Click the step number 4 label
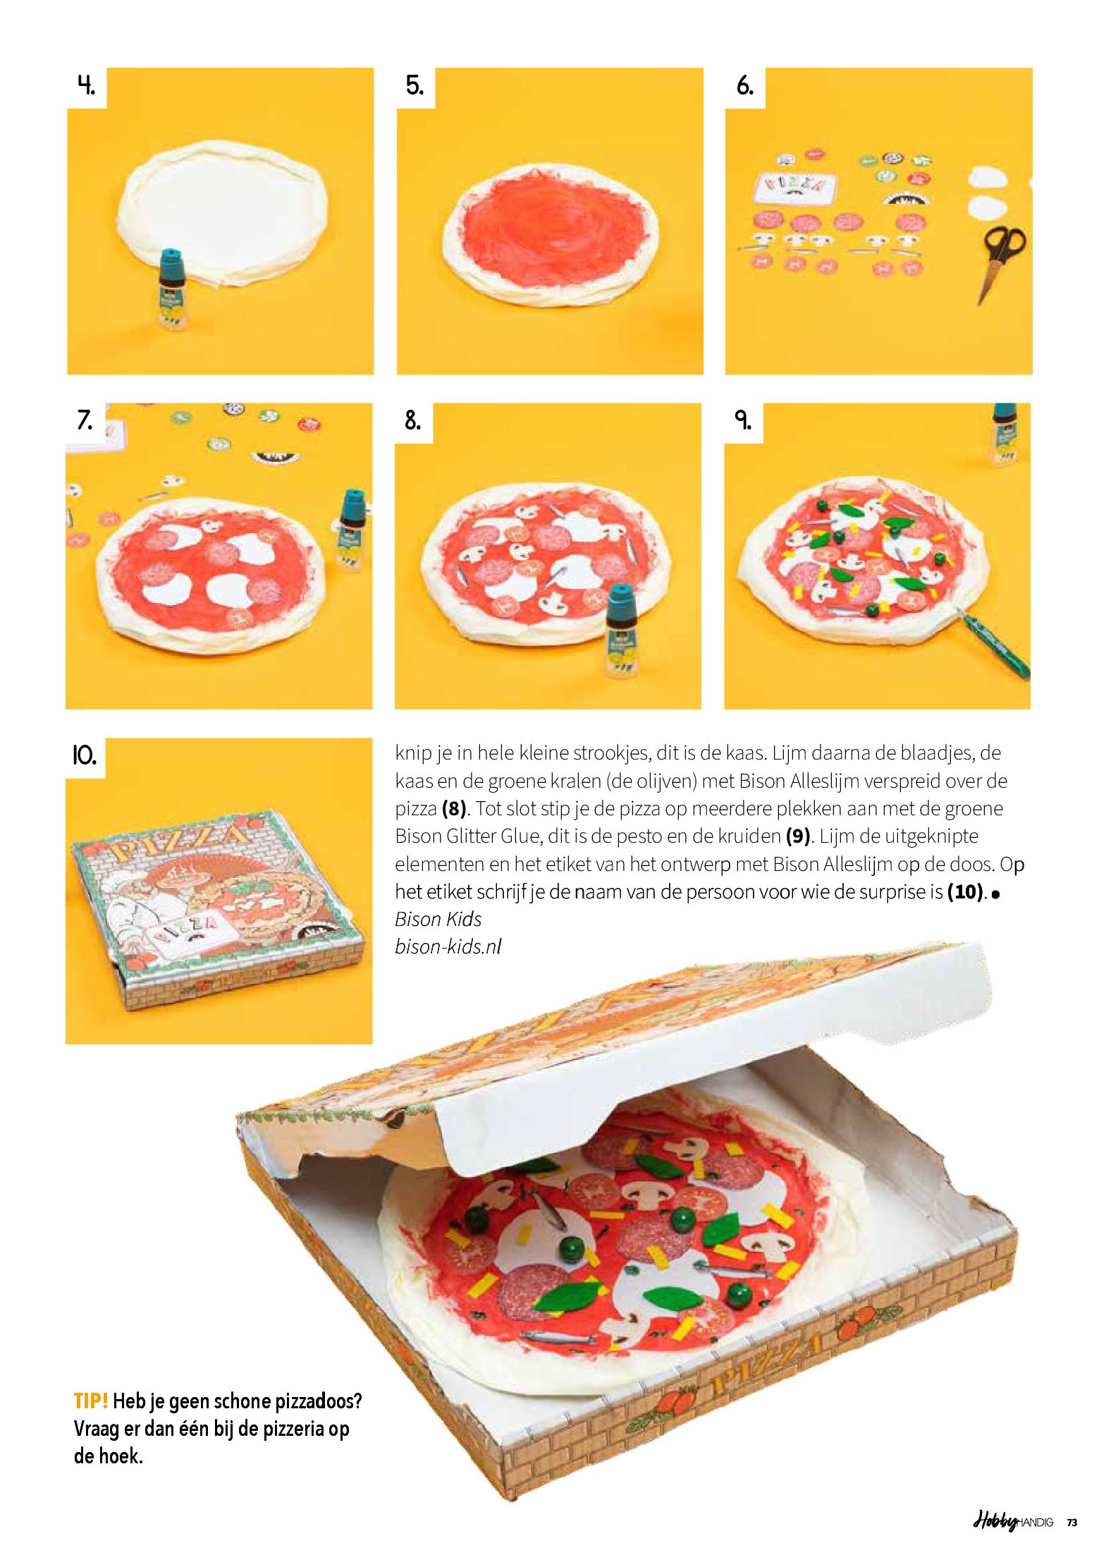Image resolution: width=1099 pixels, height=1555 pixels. (86, 86)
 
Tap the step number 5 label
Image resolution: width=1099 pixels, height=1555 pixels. (415, 86)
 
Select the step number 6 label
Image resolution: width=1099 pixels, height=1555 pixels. (744, 86)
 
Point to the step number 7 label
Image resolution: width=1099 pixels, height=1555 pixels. (85, 421)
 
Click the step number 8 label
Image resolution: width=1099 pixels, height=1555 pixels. (413, 421)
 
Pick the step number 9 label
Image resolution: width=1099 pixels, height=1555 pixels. (743, 421)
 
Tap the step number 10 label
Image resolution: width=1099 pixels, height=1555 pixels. (85, 756)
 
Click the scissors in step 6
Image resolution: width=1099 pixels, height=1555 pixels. (1000, 261)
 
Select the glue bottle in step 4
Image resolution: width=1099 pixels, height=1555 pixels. (171, 289)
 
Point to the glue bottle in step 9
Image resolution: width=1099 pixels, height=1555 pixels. (1005, 434)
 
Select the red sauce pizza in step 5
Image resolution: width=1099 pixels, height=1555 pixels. (551, 236)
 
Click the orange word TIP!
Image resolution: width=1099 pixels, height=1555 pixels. (91, 1400)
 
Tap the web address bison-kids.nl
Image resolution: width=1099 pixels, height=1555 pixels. (448, 946)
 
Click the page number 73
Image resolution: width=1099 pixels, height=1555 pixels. (1072, 1523)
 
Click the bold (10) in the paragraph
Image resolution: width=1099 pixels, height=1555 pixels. (965, 891)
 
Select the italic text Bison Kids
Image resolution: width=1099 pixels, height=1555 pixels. (438, 919)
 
